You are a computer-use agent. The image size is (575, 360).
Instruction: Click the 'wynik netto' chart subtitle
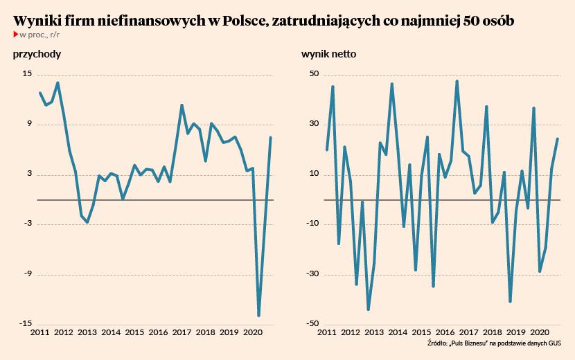click(329, 55)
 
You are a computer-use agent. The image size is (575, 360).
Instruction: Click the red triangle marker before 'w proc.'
click(15, 34)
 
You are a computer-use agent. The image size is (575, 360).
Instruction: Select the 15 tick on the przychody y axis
click(27, 74)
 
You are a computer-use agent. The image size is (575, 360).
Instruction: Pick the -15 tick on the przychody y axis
click(26, 323)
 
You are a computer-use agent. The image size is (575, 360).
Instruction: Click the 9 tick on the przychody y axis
click(28, 124)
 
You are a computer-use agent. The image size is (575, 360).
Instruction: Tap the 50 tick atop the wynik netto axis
click(313, 74)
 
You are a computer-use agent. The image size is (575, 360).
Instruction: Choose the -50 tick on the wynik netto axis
click(312, 323)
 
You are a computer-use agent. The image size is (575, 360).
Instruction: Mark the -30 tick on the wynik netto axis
click(312, 273)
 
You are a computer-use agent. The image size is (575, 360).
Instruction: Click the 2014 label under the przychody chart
click(111, 332)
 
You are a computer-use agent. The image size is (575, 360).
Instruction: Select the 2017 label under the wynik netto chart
click(469, 332)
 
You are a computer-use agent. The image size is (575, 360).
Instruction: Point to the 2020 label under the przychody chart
click(252, 332)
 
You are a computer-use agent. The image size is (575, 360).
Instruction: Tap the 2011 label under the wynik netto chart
click(326, 332)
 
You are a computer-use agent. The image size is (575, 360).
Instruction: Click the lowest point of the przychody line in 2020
click(258, 316)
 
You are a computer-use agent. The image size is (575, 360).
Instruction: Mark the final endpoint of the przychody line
click(270, 138)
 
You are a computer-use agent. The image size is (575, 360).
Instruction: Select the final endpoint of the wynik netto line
click(558, 139)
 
